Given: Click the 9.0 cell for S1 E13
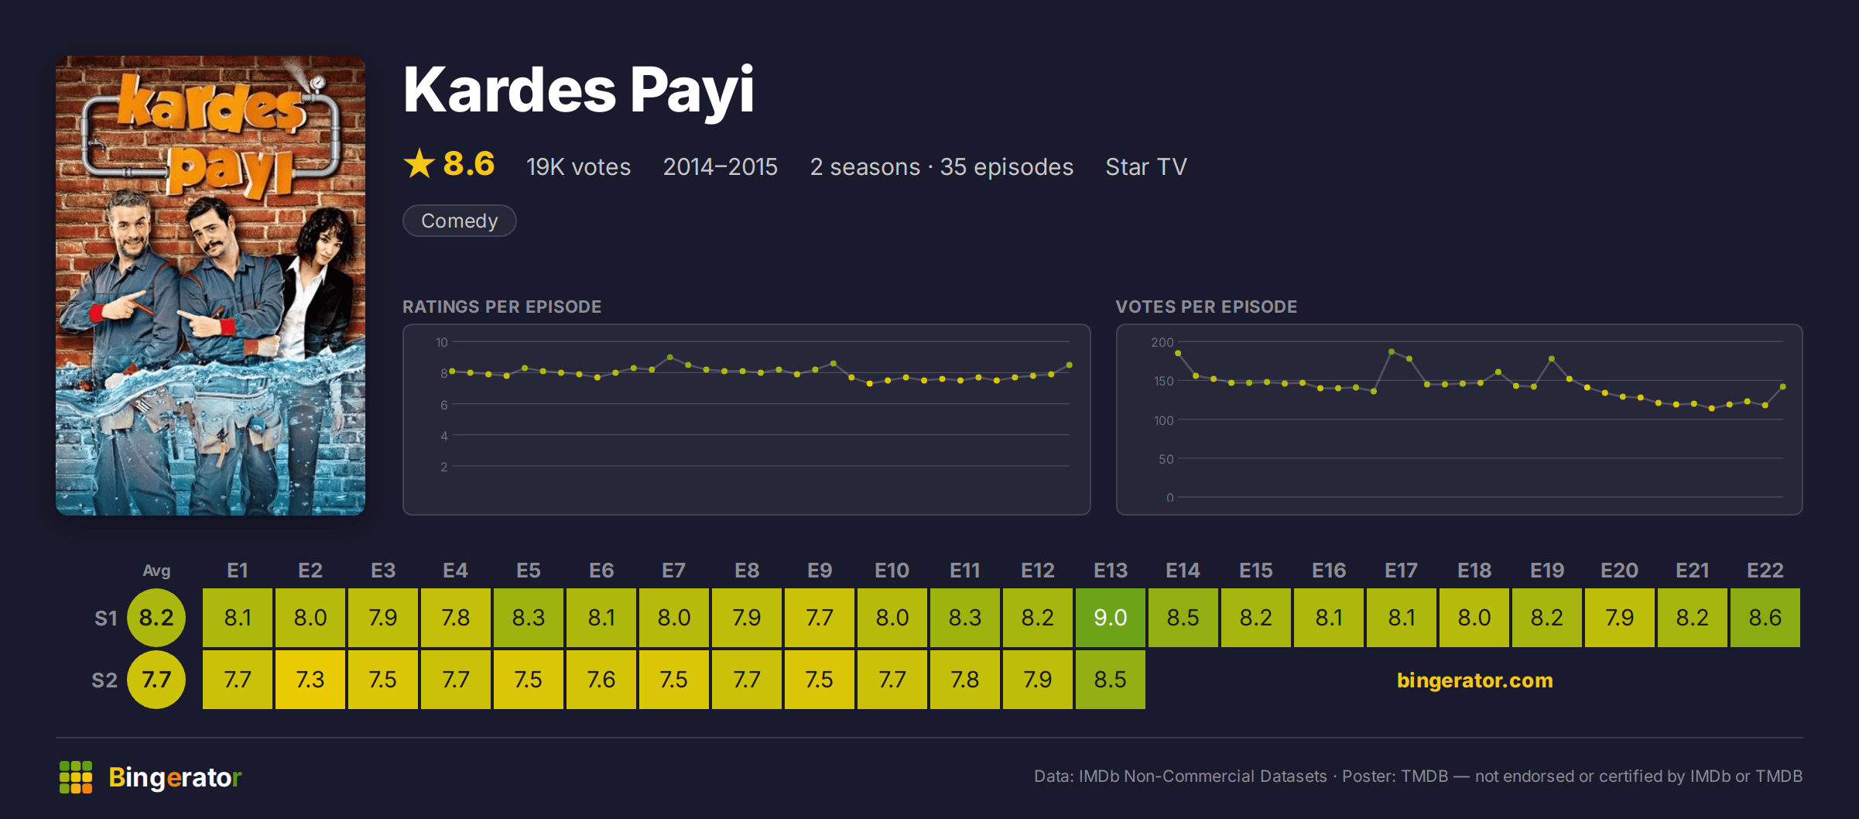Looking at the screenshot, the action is click(x=1110, y=618).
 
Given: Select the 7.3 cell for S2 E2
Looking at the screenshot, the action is click(x=310, y=680).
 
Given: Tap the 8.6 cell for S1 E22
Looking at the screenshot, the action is click(x=1765, y=618).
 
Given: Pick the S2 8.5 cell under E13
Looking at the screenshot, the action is click(x=1110, y=680).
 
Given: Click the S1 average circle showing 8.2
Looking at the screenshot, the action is click(x=156, y=618).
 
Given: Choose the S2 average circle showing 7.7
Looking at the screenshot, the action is click(x=156, y=680).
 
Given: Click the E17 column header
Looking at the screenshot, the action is click(x=1401, y=571).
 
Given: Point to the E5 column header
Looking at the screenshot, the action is click(x=528, y=571).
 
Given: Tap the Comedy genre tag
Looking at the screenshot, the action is click(x=459, y=221).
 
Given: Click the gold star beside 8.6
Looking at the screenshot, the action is click(x=419, y=163).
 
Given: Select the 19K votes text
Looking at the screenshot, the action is click(x=578, y=166).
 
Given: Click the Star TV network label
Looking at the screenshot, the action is click(x=1145, y=166).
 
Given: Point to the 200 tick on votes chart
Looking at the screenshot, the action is click(x=1162, y=342).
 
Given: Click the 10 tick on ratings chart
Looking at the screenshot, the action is click(x=441, y=342).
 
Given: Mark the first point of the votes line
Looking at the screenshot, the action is click(x=1178, y=353).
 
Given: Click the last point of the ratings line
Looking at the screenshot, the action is click(x=1070, y=365).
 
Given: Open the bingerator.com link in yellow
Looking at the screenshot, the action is click(x=1474, y=680).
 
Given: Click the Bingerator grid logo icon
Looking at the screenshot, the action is click(x=76, y=777).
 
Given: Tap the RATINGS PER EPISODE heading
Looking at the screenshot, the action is click(x=502, y=307).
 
